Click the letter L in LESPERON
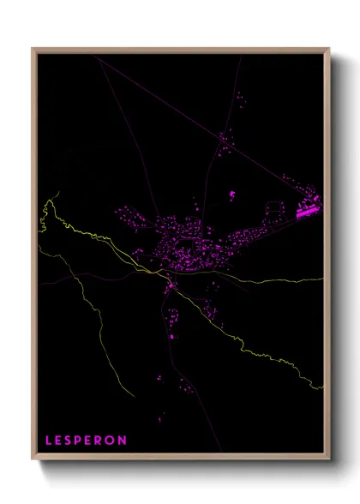click(x=48, y=441)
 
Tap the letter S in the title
click(x=70, y=441)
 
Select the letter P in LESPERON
click(x=81, y=441)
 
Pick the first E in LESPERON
click(x=59, y=441)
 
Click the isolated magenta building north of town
click(x=232, y=195)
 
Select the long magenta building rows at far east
click(x=307, y=207)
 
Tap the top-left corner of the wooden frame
click(x=33, y=48)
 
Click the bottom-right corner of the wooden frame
click(x=330, y=461)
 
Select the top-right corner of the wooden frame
click(x=330, y=48)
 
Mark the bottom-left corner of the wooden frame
click(x=33, y=461)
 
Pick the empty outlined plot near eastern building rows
click(x=274, y=208)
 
